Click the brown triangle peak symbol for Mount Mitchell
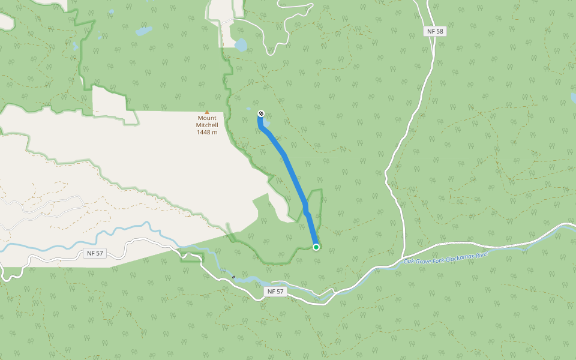point(207,112)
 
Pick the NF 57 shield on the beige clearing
point(95,254)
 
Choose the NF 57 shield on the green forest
point(275,292)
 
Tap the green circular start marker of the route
point(316,247)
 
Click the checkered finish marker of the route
point(261,113)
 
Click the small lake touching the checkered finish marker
point(266,123)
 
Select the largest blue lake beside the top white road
point(241,45)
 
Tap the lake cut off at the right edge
point(572,97)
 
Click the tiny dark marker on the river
point(233,277)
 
